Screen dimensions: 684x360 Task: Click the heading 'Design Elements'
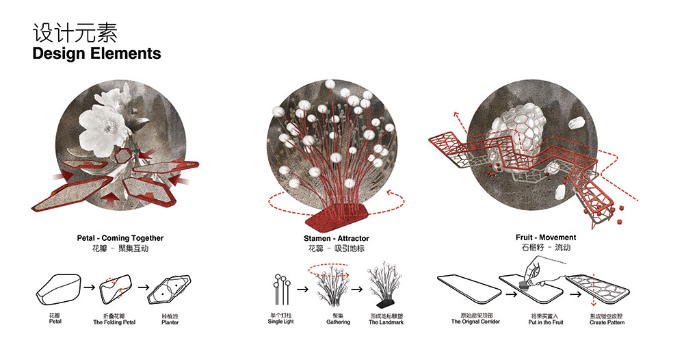pos(96,53)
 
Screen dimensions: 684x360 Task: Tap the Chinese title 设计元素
pos(75,33)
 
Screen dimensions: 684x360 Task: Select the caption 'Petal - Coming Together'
pos(120,238)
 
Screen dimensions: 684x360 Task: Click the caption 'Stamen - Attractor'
pos(337,239)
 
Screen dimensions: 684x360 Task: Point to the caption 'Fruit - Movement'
pos(546,237)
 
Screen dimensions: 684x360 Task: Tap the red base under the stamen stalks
pos(337,220)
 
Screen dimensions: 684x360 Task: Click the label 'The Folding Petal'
pos(114,322)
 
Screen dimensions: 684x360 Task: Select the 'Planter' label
pos(170,322)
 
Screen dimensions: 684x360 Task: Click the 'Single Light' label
pos(281,322)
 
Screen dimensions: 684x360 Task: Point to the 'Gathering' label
pos(338,322)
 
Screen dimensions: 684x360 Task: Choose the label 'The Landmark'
pos(386,322)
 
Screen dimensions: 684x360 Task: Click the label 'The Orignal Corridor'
pos(475,322)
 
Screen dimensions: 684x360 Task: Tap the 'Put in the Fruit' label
pos(546,322)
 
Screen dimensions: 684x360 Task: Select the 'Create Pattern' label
pos(607,322)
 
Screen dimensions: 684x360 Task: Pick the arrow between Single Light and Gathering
pos(303,289)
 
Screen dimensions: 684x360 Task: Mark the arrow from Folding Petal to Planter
pos(144,287)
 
